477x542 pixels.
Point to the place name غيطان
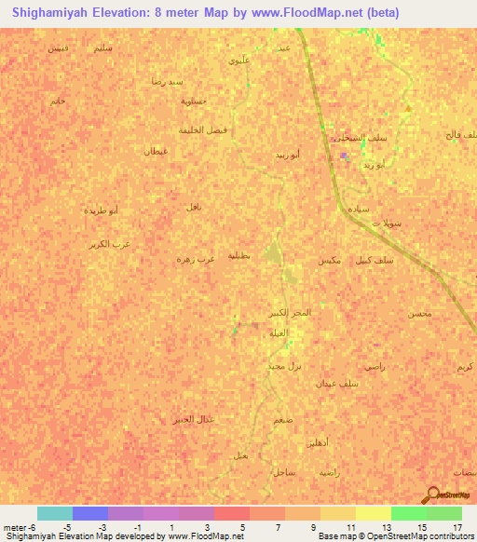click(155, 150)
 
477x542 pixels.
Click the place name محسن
click(419, 313)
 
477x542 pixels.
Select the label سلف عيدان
click(337, 383)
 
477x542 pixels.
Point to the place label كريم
click(463, 367)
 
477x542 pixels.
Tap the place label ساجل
click(284, 473)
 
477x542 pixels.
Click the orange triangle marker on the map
click(408, 110)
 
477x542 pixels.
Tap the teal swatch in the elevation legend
click(54, 514)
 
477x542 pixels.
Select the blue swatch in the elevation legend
click(90, 514)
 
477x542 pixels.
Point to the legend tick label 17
click(457, 526)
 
